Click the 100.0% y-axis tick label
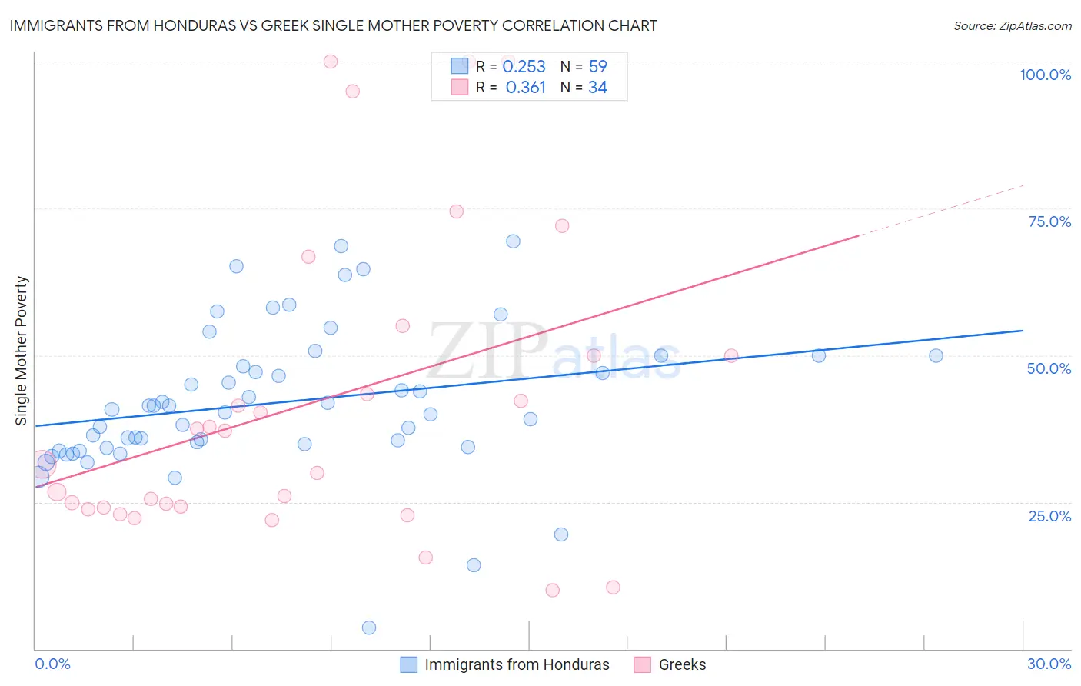(1045, 75)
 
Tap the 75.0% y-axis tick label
(1049, 221)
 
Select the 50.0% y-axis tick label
(1049, 368)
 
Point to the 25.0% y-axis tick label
(1049, 516)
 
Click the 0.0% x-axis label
(52, 664)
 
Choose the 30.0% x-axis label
(1049, 664)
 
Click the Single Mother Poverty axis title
(22, 351)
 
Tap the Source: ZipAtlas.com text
(1012, 26)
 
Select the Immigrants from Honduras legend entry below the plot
(505, 664)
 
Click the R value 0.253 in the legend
(524, 67)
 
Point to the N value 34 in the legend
(597, 88)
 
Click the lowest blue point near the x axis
(369, 628)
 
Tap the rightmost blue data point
(936, 355)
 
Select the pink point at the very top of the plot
(331, 62)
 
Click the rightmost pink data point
(731, 355)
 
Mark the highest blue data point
(513, 241)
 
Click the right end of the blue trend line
(1023, 330)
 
